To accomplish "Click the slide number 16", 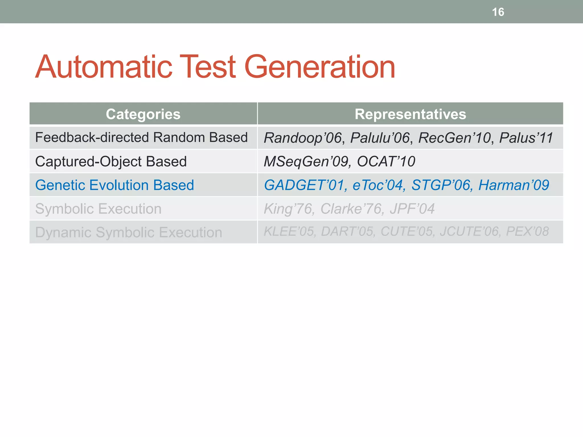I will coord(498,12).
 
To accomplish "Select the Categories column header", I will coord(143,114).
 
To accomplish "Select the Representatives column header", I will coord(410,114).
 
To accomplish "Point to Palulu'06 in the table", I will coord(380,138).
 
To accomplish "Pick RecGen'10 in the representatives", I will coord(455,138).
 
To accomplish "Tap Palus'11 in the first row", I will coord(526,138).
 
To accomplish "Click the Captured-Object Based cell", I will coord(111,162).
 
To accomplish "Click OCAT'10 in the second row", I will coord(386,162).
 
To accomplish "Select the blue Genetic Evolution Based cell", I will coord(114,185).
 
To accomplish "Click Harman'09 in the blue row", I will coord(514,185).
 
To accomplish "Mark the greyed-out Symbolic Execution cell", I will coord(98,209).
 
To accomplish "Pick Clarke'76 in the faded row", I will coord(351,209).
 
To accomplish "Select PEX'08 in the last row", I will coord(527,231).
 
